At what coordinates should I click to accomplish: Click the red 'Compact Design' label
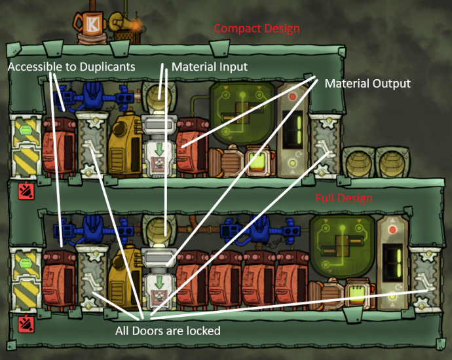(257, 29)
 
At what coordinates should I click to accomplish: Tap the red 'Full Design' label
(344, 198)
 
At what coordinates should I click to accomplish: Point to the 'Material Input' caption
(210, 67)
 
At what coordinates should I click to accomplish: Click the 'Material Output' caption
(367, 84)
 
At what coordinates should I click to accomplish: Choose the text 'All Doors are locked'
(168, 331)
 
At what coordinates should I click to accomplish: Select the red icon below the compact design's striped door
(24, 191)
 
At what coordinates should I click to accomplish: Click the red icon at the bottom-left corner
(24, 322)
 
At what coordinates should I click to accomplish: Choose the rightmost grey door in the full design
(425, 277)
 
